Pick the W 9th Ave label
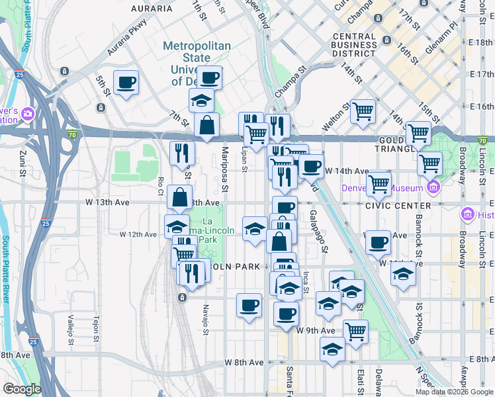(316, 330)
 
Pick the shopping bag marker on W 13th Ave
(180, 197)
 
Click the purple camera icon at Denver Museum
(433, 188)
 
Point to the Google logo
(22, 388)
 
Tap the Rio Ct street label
(161, 187)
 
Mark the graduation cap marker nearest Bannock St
(403, 273)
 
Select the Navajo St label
(206, 316)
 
